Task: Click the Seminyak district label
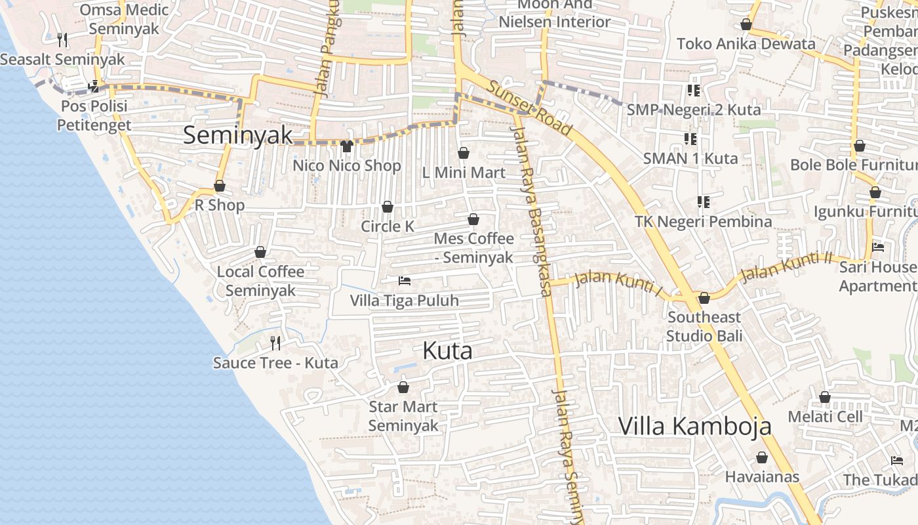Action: point(237,135)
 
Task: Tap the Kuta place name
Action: point(447,351)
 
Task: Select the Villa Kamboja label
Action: point(695,427)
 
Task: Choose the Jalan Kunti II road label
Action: point(786,265)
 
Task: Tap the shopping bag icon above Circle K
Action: point(388,207)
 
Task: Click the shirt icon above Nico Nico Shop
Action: point(347,146)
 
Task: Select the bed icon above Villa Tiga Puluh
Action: point(405,281)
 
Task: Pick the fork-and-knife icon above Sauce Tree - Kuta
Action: point(275,343)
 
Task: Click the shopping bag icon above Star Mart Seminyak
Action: point(403,387)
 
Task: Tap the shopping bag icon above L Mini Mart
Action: point(464,153)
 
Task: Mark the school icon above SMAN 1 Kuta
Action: point(690,138)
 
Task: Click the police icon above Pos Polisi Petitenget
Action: point(94,86)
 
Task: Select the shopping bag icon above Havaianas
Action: point(762,457)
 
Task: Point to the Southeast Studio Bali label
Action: point(704,327)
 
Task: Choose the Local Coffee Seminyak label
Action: point(261,281)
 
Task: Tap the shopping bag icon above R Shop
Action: point(220,186)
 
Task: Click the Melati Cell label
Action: point(825,417)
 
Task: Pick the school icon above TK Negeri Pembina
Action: point(704,201)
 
